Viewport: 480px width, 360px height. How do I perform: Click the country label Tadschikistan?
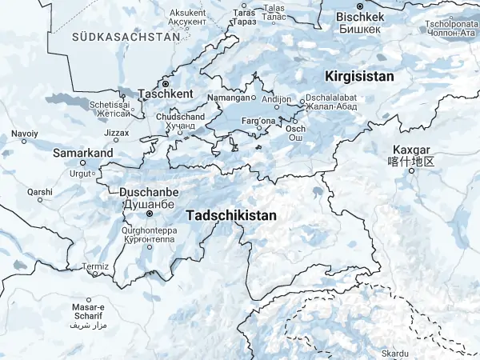tap(230, 216)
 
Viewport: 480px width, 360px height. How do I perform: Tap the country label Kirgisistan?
tap(359, 76)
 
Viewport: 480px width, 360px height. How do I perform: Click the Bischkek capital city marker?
tap(360, 6)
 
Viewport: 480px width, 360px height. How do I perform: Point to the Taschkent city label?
tap(166, 94)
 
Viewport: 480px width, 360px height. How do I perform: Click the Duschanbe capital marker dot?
tap(149, 214)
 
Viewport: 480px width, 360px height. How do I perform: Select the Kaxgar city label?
tap(412, 150)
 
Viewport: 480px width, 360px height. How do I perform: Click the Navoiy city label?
tap(24, 133)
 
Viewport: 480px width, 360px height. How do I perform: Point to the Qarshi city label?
tap(39, 192)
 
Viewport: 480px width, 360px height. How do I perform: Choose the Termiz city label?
tap(94, 266)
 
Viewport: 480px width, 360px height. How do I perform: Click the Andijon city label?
tap(277, 100)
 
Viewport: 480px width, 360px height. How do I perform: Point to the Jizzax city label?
tap(116, 132)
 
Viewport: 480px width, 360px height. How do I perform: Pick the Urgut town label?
tap(81, 173)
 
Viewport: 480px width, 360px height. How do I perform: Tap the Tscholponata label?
tap(452, 23)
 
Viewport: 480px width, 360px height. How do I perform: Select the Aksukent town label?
tap(187, 14)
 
